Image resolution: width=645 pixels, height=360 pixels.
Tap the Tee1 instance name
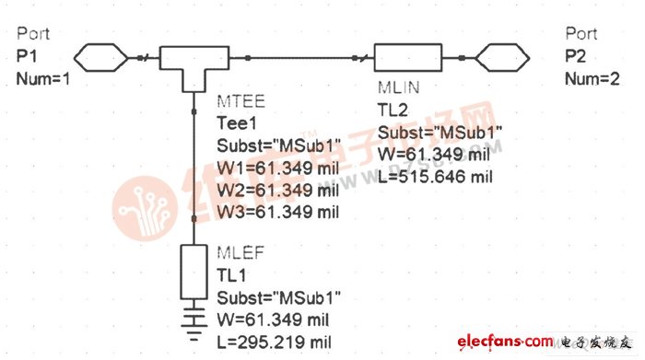[x=234, y=122]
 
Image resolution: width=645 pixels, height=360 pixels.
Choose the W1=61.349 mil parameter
[x=277, y=168]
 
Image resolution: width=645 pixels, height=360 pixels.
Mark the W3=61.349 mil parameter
[x=277, y=213]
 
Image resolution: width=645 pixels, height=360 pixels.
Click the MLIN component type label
[x=399, y=87]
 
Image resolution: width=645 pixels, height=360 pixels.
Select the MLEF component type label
[x=239, y=253]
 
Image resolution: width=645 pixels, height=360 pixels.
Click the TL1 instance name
[x=230, y=275]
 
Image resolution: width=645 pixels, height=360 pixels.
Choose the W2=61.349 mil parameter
[x=277, y=191]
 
